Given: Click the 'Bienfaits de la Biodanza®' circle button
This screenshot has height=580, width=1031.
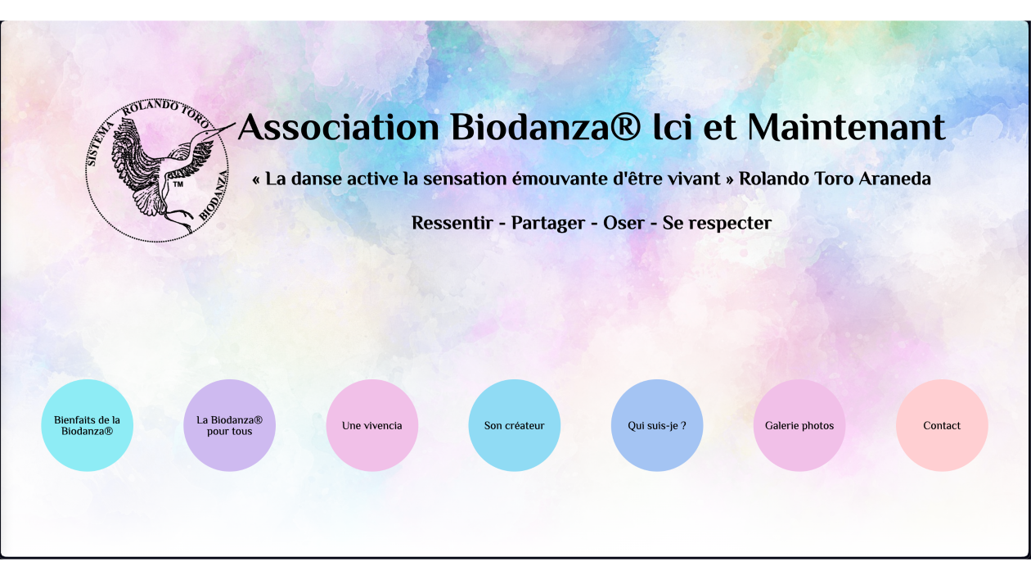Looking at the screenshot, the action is pyautogui.click(x=87, y=425).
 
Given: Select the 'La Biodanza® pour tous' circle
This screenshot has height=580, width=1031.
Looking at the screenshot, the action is pyautogui.click(x=229, y=425).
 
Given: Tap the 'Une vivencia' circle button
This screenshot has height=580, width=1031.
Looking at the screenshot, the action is pyautogui.click(x=371, y=425).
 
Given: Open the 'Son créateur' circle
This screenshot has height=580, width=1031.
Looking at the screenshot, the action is pyautogui.click(x=514, y=425).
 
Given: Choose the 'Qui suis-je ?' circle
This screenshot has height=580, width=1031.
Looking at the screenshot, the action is pyautogui.click(x=657, y=425).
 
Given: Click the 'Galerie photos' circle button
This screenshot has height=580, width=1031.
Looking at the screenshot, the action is pyautogui.click(x=799, y=425).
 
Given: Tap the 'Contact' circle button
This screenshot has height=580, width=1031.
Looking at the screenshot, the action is pyautogui.click(x=942, y=425).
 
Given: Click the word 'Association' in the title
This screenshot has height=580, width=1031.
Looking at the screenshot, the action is pyautogui.click(x=339, y=127).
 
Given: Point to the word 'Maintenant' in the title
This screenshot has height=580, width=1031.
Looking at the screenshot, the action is pyautogui.click(x=846, y=127).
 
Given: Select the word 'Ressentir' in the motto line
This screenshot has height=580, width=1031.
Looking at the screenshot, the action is pyautogui.click(x=452, y=223).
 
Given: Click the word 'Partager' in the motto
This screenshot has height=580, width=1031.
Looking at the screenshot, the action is pyautogui.click(x=548, y=224).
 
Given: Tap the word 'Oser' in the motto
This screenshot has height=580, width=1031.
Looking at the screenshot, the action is pyautogui.click(x=624, y=223).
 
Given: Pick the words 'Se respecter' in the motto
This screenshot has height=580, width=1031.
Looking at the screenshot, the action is pyautogui.click(x=717, y=224).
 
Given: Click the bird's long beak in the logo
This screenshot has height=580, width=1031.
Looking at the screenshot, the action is pyautogui.click(x=219, y=130).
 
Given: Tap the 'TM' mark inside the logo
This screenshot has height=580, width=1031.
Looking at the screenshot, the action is pyautogui.click(x=178, y=184).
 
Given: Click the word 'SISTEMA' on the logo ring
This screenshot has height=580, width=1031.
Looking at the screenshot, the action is pyautogui.click(x=100, y=143).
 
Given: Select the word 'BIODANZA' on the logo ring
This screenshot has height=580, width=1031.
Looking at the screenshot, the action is pyautogui.click(x=214, y=195).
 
